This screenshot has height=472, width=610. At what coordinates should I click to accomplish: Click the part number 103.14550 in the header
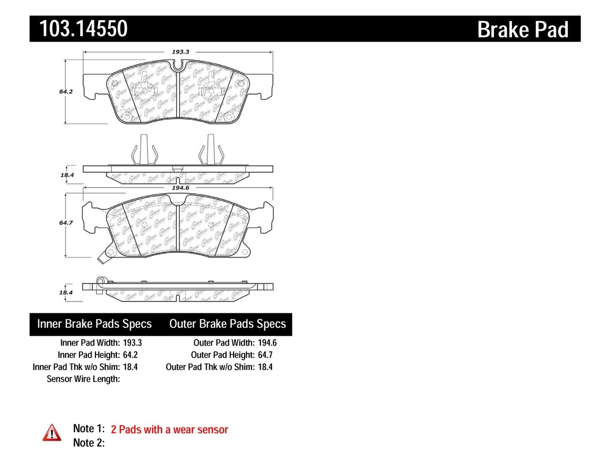[83, 29]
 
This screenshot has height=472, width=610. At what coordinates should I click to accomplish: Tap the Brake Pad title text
[523, 30]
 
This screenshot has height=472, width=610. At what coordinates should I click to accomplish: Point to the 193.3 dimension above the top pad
[181, 52]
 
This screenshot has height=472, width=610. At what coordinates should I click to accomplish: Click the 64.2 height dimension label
[66, 91]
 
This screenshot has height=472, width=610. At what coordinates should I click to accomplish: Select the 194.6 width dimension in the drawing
[181, 188]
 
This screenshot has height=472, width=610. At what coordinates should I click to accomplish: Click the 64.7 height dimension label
[66, 222]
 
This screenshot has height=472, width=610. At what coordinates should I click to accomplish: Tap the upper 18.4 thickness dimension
[67, 175]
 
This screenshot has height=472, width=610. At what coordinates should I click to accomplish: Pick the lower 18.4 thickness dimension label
[66, 292]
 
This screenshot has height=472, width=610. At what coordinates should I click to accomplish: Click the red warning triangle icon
[52, 433]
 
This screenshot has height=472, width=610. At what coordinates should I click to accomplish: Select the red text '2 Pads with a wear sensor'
[169, 430]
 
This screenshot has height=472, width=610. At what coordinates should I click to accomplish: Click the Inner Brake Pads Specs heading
[94, 324]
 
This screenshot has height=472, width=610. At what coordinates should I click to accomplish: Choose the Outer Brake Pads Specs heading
[227, 324]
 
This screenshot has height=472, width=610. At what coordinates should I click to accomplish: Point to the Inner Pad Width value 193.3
[132, 343]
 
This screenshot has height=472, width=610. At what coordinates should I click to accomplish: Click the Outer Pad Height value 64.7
[265, 355]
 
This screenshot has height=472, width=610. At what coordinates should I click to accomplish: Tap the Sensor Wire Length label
[83, 379]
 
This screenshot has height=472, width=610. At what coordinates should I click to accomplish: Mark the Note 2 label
[89, 443]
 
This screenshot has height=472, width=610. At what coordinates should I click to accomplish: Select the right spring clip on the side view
[211, 151]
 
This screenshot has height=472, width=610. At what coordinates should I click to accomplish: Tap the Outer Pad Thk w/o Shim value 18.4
[265, 367]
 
